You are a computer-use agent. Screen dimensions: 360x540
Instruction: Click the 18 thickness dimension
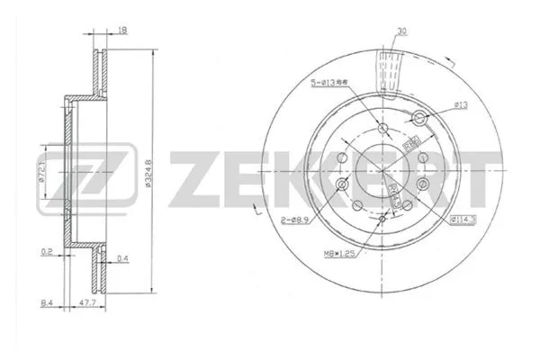click(x=121, y=31)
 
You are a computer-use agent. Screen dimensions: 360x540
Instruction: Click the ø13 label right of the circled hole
click(x=459, y=105)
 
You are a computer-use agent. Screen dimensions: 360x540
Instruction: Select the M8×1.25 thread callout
click(x=345, y=254)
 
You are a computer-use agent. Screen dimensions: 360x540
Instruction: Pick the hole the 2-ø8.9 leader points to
click(x=342, y=185)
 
